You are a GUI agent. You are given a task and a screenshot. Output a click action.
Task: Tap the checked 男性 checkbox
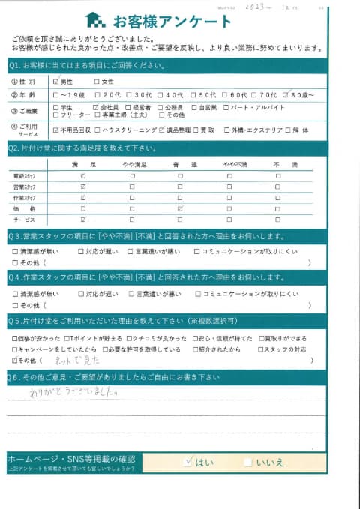(56, 81)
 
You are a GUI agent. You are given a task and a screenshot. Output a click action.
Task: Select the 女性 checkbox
(97, 81)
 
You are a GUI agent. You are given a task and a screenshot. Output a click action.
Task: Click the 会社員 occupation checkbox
(95, 108)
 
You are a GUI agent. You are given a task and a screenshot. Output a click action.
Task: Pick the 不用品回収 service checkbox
(56, 130)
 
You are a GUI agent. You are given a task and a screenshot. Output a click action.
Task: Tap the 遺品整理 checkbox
(163, 130)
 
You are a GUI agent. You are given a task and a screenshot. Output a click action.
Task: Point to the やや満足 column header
(132, 164)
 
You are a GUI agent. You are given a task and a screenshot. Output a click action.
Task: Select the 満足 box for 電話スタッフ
(82, 176)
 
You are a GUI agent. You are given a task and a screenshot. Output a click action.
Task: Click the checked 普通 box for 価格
(179, 208)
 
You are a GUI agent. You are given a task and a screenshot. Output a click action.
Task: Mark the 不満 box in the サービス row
(277, 220)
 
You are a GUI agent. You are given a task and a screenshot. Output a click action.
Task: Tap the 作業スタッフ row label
(25, 198)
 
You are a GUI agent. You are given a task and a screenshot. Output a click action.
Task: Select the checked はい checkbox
(188, 462)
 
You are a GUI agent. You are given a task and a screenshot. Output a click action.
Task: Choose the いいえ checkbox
(248, 462)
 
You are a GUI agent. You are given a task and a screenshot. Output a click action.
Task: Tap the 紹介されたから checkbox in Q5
(196, 349)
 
